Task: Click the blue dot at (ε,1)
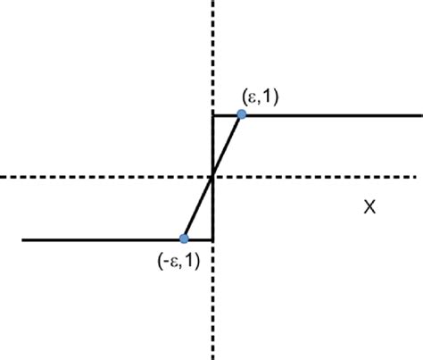point(241,114)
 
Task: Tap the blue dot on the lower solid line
point(184,239)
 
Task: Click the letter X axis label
point(368,207)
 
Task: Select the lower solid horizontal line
point(98,239)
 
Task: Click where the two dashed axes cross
point(212,177)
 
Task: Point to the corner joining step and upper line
point(211,114)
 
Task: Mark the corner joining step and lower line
point(211,239)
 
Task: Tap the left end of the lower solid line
point(24,239)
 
